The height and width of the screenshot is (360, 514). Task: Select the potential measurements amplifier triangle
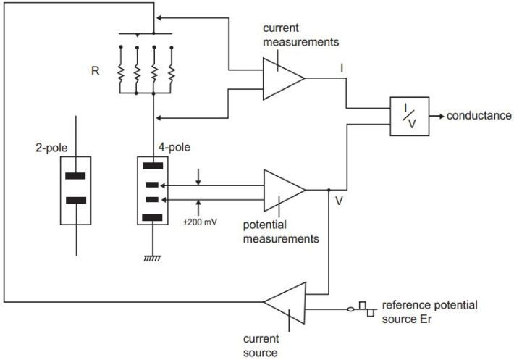pos(282,191)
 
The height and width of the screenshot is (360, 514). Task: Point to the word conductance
pos(479,116)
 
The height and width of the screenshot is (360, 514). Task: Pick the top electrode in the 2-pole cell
pos(76,176)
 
